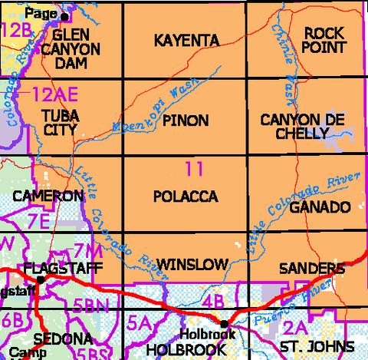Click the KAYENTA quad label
186,40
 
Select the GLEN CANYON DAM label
77,49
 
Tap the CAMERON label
48,197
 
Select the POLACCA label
186,197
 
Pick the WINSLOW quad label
192,265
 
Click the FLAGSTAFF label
55,269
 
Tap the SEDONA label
53,339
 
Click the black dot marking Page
64,15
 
